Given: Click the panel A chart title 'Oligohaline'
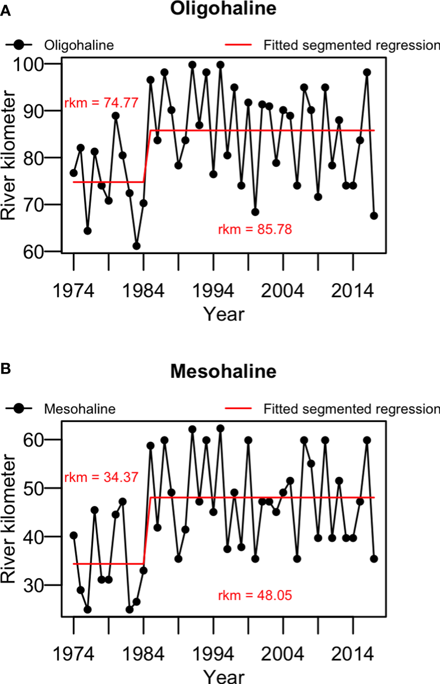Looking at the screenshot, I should [223, 10].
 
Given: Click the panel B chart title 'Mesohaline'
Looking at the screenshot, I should [223, 371].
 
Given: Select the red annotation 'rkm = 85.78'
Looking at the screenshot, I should [255, 230].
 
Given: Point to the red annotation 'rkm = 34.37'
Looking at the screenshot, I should [102, 477].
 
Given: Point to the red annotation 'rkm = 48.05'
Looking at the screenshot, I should [255, 595].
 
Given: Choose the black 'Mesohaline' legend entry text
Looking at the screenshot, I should [80, 409].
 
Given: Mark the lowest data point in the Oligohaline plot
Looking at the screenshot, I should [137, 246].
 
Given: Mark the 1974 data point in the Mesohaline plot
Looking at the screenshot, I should [73, 535].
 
